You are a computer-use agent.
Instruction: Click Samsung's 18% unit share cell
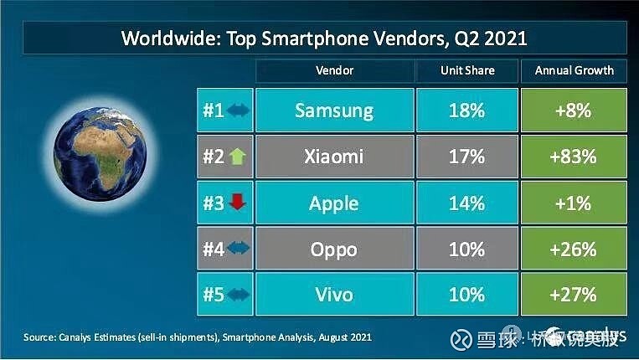click(466, 111)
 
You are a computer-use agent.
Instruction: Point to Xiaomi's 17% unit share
click(466, 157)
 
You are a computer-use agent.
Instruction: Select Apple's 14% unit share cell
click(466, 203)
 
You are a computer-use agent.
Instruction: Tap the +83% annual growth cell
click(574, 157)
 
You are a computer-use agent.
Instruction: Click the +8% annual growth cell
click(574, 111)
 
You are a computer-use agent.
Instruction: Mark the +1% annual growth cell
click(574, 203)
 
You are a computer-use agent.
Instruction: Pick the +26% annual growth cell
click(574, 249)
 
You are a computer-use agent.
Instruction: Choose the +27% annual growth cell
click(574, 295)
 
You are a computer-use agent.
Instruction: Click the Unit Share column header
click(466, 70)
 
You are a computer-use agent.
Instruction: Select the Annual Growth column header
click(574, 70)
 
